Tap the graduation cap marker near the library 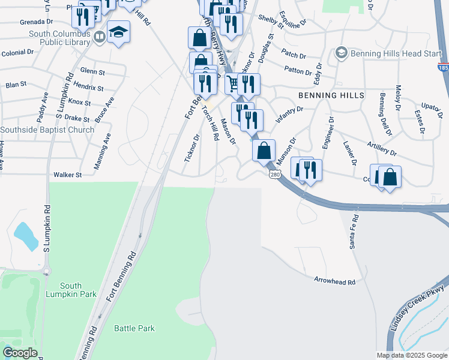pos(119,32)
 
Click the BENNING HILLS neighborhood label pos(330,95)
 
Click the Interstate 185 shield pos(443,67)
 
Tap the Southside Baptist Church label pos(47,130)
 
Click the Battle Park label pos(134,328)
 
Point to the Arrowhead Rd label pos(335,280)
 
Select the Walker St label pos(67,175)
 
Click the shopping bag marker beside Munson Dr pos(264,151)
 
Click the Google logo pos(20,353)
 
